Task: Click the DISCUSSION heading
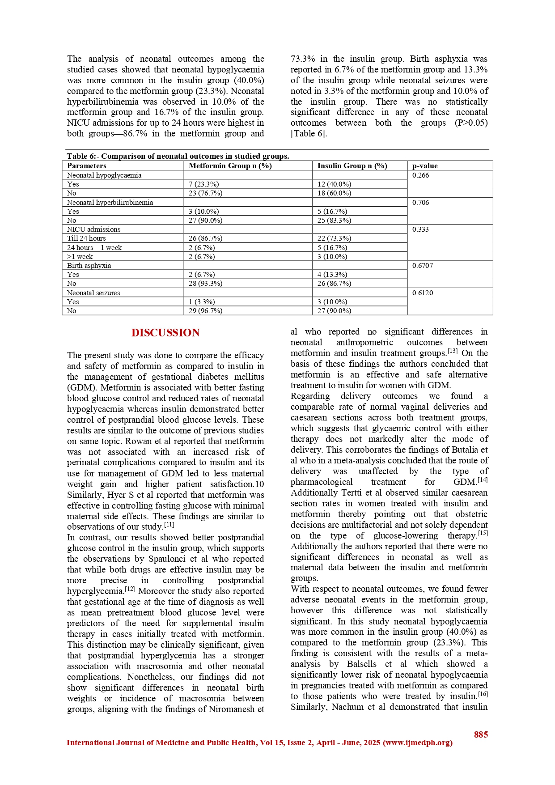pyautogui.click(x=165, y=333)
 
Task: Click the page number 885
pyautogui.click(x=481, y=734)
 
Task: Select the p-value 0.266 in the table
pyautogui.click(x=420, y=175)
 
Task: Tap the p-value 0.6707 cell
pyautogui.click(x=422, y=266)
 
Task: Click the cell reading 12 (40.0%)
pyautogui.click(x=334, y=184)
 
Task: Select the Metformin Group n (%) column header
pyautogui.click(x=230, y=166)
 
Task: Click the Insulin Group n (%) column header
pyautogui.click(x=352, y=166)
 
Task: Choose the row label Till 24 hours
pyautogui.click(x=86, y=238)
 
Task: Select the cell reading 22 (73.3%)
pyautogui.click(x=334, y=238)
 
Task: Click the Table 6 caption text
pyautogui.click(x=178, y=156)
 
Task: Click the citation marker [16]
pyautogui.click(x=483, y=694)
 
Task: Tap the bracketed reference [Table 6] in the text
pyautogui.click(x=309, y=134)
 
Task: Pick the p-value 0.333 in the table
pyautogui.click(x=420, y=229)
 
